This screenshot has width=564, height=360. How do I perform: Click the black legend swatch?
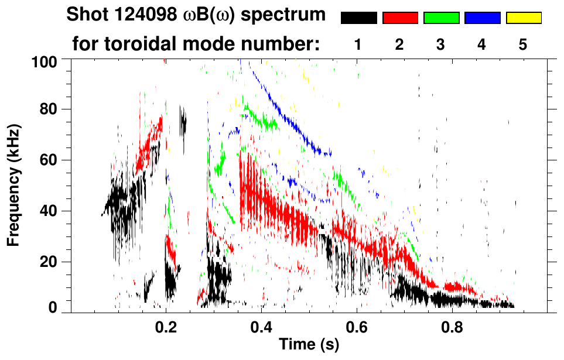[358, 18]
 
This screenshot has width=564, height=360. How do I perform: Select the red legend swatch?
[400, 18]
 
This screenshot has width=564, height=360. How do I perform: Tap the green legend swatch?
[441, 18]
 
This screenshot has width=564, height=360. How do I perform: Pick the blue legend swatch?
[482, 18]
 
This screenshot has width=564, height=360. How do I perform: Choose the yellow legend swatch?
[523, 18]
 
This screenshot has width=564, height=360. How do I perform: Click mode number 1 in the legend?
[358, 44]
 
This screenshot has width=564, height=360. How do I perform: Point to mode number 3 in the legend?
[441, 44]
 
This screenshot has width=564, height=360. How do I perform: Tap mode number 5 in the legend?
[523, 44]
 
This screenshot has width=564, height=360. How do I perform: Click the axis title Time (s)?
[309, 345]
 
